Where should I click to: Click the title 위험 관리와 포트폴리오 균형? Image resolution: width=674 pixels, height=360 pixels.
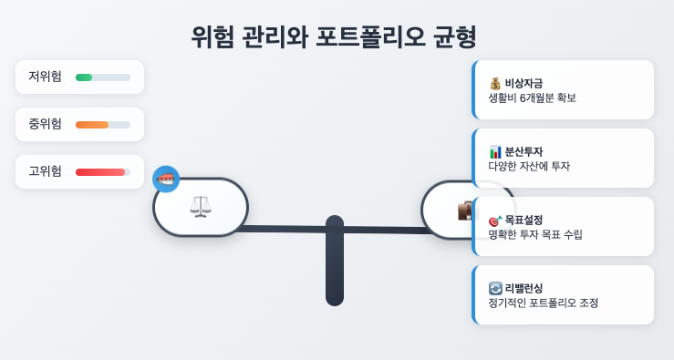click(x=334, y=36)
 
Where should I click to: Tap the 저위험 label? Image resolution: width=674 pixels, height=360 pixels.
click(x=45, y=77)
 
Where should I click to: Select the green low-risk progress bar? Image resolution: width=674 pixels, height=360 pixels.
click(x=84, y=77)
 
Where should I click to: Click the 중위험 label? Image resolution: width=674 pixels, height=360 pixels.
click(x=45, y=124)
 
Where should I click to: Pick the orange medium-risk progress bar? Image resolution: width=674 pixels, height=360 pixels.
click(x=92, y=125)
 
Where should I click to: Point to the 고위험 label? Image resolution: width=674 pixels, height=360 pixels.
click(x=45, y=171)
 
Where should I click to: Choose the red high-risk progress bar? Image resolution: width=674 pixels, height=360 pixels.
click(x=100, y=172)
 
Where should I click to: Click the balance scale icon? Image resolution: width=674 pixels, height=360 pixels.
click(x=201, y=207)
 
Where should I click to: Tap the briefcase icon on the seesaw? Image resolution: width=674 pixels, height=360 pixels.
click(x=465, y=211)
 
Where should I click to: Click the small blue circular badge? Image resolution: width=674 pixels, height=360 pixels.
click(x=166, y=179)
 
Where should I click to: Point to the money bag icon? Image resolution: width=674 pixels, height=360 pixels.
click(x=495, y=83)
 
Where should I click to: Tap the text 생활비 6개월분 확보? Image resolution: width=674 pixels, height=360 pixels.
click(x=532, y=98)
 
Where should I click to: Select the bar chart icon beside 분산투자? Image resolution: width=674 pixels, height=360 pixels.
click(x=495, y=151)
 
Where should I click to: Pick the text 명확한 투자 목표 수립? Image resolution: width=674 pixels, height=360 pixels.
click(x=535, y=234)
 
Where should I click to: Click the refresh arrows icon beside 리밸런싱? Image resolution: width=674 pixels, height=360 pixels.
click(x=495, y=288)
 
